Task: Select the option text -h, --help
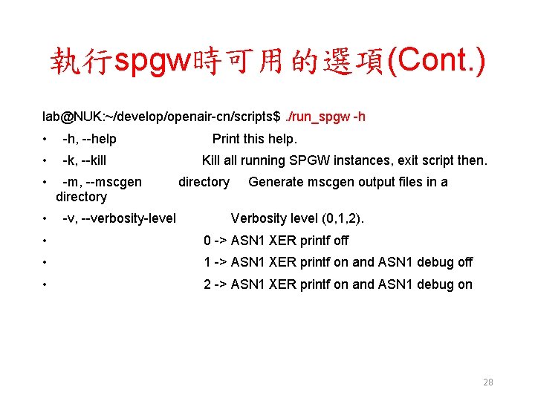point(89,139)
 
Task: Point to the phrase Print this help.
point(255,139)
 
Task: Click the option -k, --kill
point(84,160)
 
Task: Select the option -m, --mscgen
point(102,182)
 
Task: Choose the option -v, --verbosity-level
point(119,218)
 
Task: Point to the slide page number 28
point(488,382)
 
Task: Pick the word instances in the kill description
point(362,160)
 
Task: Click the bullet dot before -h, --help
point(46,139)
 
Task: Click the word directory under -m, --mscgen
point(81,197)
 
